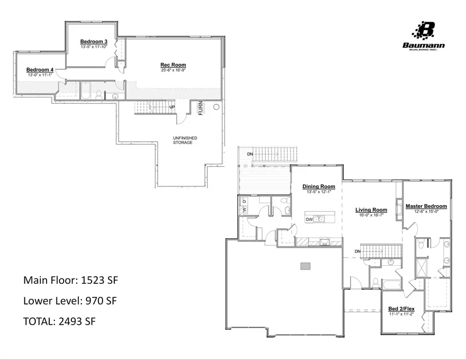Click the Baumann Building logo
[x=424, y=35]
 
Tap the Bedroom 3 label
[x=94, y=41]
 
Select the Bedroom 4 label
[x=40, y=69]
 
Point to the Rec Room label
[x=173, y=65]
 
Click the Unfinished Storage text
[x=182, y=140]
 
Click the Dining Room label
[x=318, y=186]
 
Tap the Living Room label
[x=371, y=210]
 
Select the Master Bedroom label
[x=426, y=206]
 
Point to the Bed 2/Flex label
[x=402, y=309]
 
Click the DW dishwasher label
[x=309, y=220]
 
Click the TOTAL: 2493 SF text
[x=60, y=321]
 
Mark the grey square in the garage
[x=305, y=266]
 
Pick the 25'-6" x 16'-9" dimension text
[x=173, y=70]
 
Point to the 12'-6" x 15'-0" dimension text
[x=426, y=211]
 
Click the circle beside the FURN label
[x=216, y=107]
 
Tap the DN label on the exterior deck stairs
[x=250, y=154]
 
